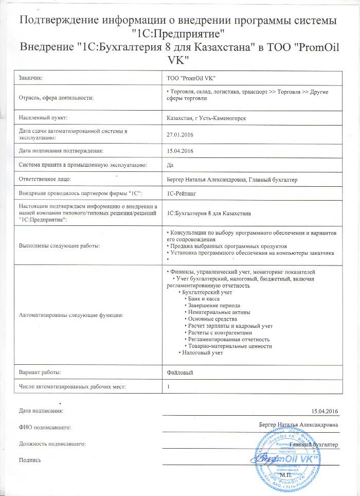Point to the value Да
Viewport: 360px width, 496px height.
point(171,165)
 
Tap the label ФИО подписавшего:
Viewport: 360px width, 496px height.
point(44,427)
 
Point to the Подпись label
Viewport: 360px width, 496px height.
point(29,459)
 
